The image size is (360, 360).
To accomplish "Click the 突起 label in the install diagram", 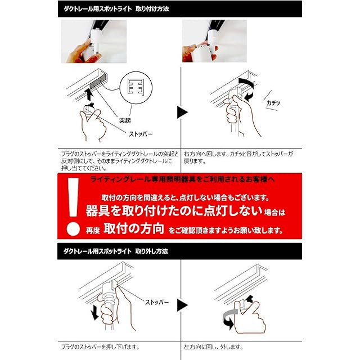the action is click(125, 120).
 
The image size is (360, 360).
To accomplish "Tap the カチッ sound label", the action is click(273, 102).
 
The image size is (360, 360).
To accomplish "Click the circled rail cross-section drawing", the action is click(136, 88).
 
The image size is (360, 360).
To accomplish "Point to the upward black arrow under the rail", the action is click(89, 94).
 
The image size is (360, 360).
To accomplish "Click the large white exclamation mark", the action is click(73, 206).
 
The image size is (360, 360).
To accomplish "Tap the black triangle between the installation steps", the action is click(182, 112).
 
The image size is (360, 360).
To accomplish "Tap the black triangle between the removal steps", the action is click(182, 305).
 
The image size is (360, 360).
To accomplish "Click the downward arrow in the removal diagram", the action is click(94, 313).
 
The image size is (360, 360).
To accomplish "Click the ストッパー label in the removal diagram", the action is click(157, 302).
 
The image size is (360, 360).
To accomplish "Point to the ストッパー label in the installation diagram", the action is click(141, 134).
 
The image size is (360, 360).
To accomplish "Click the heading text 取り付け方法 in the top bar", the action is click(152, 9).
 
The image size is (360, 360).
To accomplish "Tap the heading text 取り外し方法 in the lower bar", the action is click(151, 251).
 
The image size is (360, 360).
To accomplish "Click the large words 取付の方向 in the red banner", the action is click(134, 228).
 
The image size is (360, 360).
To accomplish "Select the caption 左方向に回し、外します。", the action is click(213, 346).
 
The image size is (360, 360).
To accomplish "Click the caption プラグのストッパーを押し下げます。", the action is click(100, 346).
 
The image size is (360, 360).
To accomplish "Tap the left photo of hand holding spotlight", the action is click(94, 42).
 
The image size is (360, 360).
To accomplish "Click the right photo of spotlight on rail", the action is click(214, 41).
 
